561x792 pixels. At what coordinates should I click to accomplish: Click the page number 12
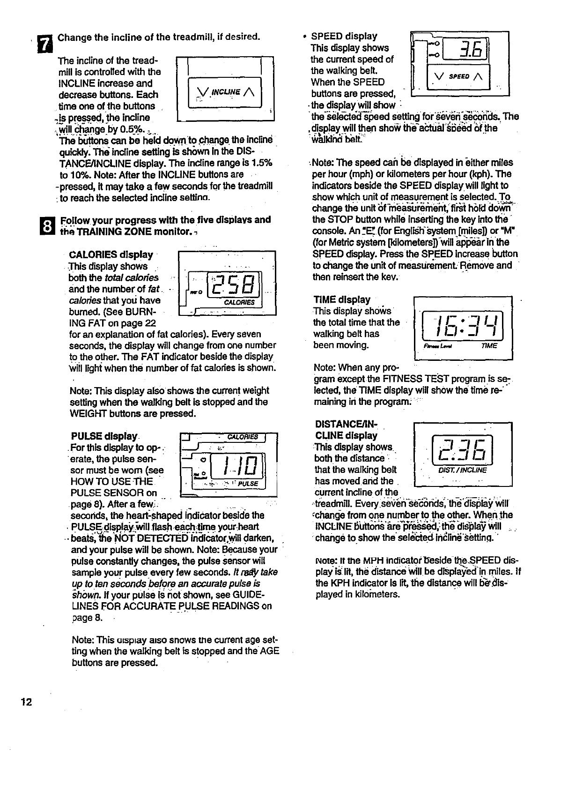coord(26,702)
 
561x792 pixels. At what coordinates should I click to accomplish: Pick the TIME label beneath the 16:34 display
coord(489,346)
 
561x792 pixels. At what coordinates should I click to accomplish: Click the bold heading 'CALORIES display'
coord(111,255)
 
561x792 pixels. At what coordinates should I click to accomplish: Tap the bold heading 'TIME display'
coord(341,299)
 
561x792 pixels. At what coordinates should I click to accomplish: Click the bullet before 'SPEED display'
coord(305,36)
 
